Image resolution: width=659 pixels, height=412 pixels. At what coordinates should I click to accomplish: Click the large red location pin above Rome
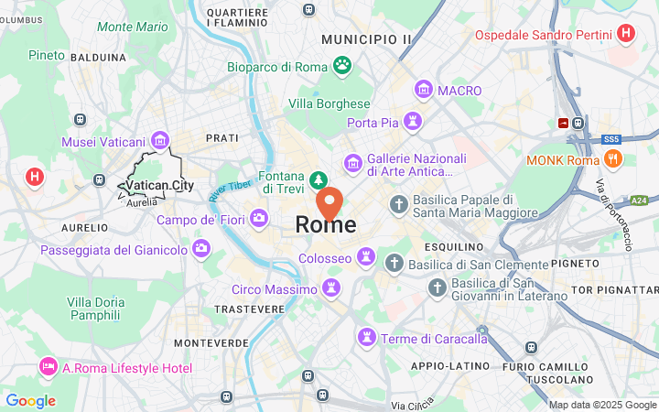click(329, 201)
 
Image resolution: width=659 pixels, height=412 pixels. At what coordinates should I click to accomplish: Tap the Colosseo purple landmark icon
click(366, 254)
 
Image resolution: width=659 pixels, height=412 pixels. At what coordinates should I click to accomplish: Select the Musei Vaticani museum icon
click(160, 139)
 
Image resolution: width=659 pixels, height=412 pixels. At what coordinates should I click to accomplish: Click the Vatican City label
click(159, 186)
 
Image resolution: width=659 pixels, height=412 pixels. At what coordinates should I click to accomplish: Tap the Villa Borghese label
click(329, 103)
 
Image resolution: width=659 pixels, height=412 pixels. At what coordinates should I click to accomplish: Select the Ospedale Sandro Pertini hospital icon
click(626, 34)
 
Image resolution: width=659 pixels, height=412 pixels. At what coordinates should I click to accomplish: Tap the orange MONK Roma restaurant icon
click(614, 159)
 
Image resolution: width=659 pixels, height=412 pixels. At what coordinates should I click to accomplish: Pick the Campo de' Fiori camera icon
click(259, 218)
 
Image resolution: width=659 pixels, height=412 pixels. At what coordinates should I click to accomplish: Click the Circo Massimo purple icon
click(331, 288)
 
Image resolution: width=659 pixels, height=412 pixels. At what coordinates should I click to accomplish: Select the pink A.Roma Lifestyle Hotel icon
click(48, 367)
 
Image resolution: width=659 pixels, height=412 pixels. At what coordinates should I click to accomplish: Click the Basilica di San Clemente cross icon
click(394, 264)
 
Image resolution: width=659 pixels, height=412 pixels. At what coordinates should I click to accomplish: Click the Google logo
click(30, 401)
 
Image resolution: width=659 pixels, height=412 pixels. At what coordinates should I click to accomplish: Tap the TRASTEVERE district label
click(249, 309)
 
